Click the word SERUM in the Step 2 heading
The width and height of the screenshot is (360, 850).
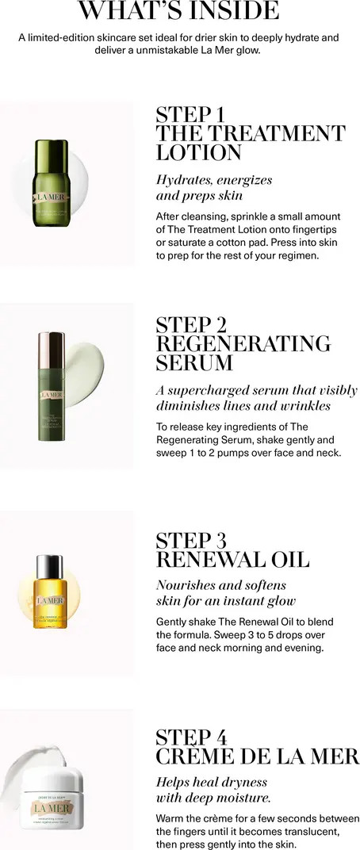pyautogui.click(x=194, y=363)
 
